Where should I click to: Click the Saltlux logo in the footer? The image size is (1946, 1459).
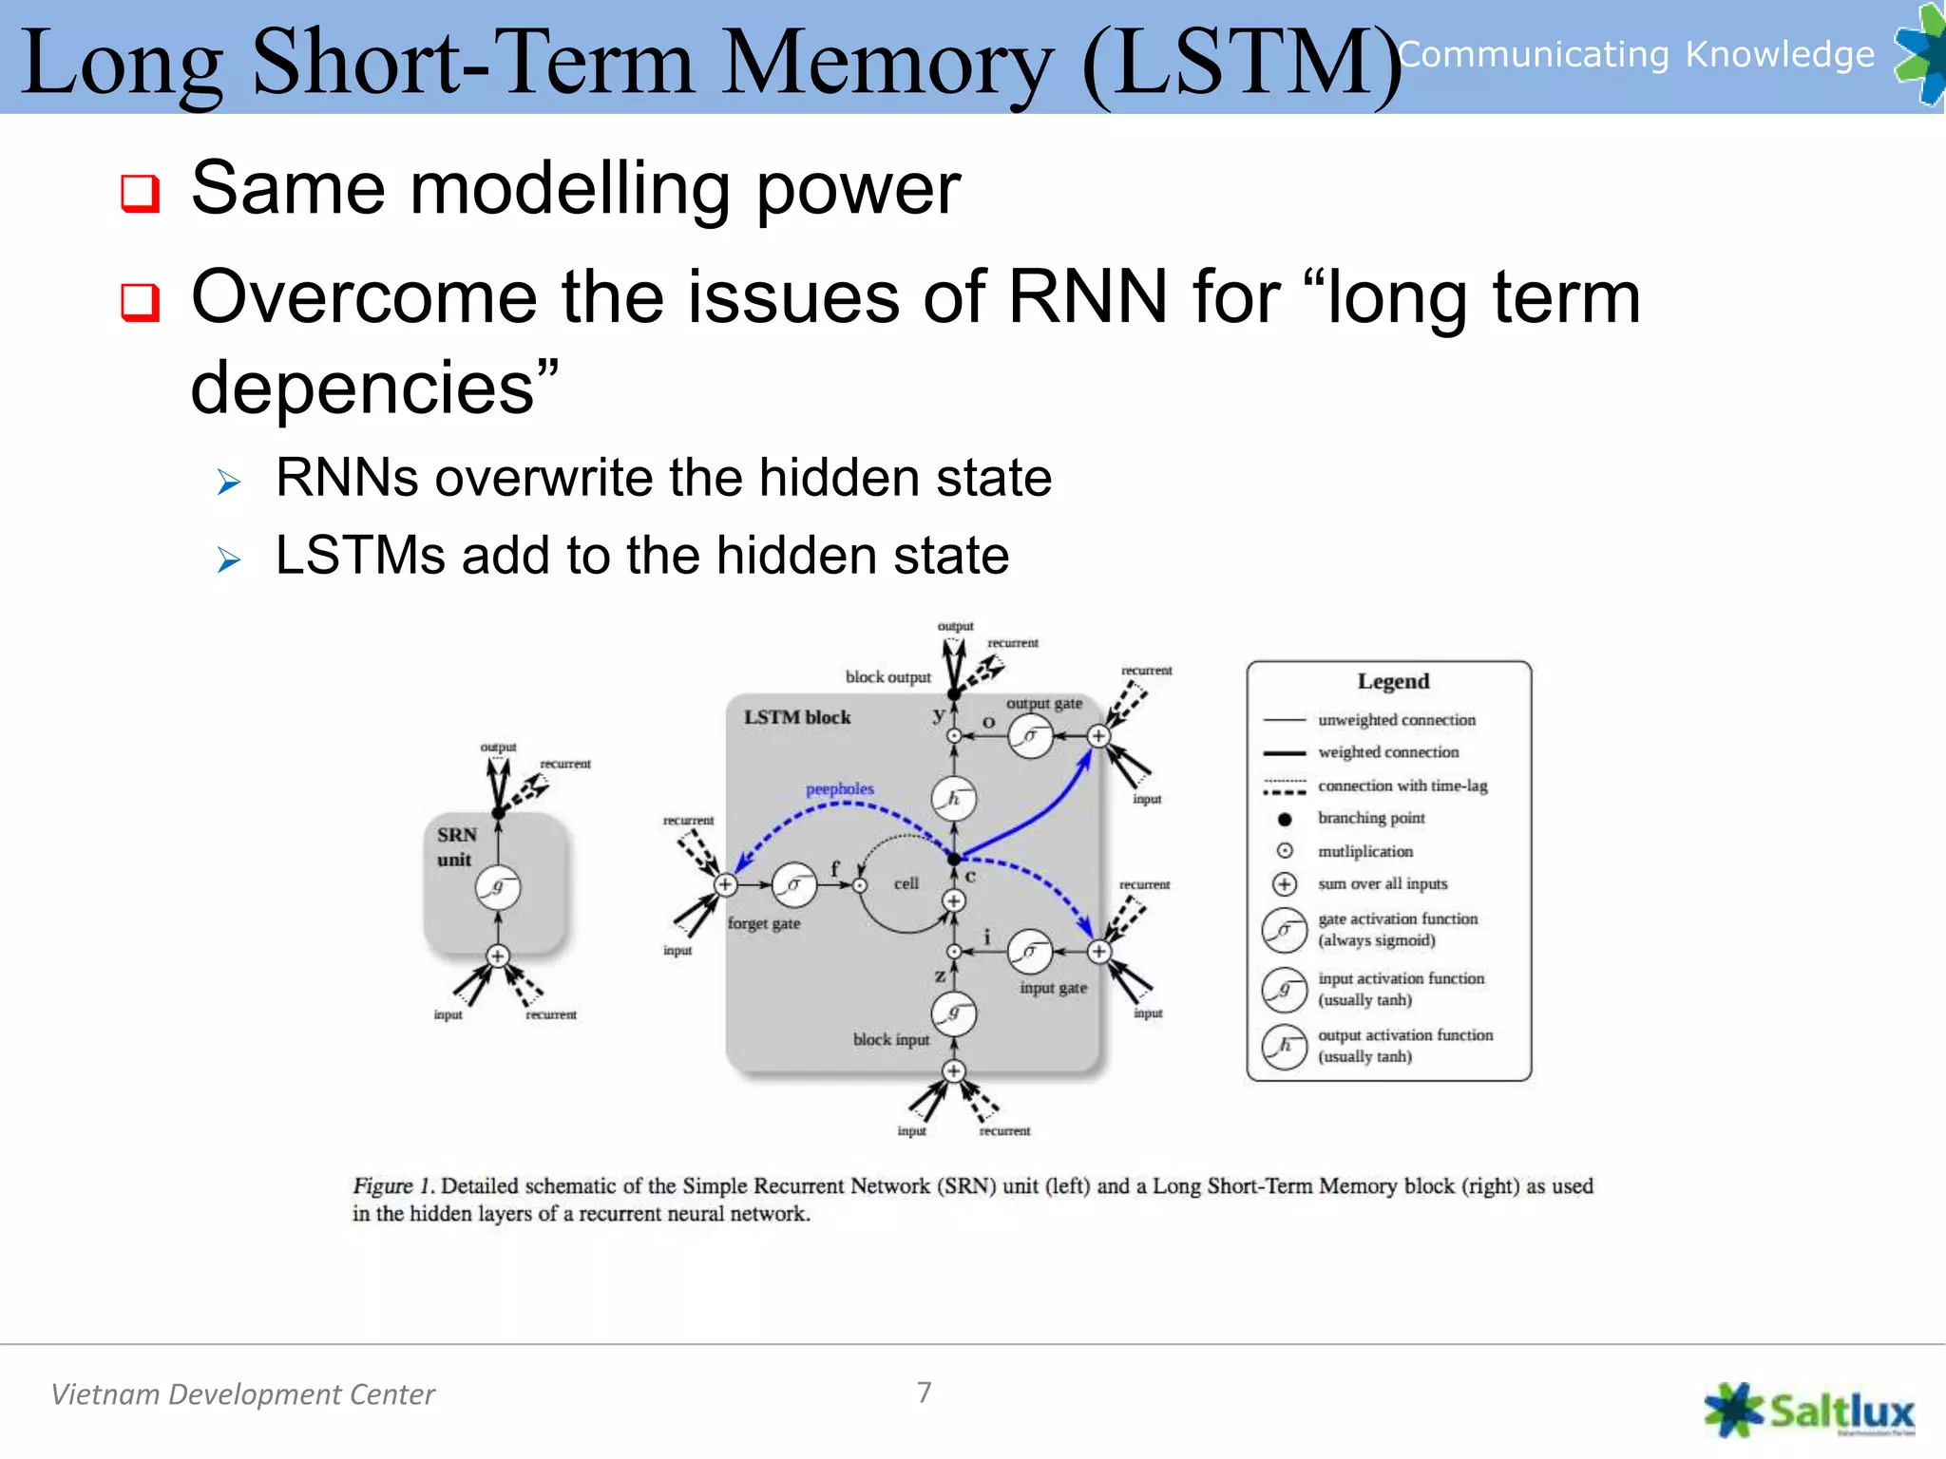tap(1809, 1410)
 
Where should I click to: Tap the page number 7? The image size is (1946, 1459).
tap(925, 1392)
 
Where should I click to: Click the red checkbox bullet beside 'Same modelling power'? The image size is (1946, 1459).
tap(140, 193)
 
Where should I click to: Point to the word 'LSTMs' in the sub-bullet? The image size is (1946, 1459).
tap(360, 556)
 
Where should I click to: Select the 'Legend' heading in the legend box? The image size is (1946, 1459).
tap(1393, 681)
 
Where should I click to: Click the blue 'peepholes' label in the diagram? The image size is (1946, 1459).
tap(839, 788)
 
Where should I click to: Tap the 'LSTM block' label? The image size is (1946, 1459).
tap(797, 717)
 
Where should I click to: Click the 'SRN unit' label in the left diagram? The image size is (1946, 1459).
tap(456, 846)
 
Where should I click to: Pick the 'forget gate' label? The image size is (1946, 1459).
tap(764, 923)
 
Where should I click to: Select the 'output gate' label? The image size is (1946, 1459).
tap(1044, 703)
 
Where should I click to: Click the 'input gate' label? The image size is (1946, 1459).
tap(1053, 988)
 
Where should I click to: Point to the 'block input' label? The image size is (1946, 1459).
tap(891, 1039)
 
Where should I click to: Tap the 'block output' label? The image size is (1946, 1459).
tap(888, 677)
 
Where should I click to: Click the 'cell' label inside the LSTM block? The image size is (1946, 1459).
tap(906, 883)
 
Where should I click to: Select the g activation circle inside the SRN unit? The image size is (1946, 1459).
tap(498, 888)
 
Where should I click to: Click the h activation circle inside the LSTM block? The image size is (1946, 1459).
tap(954, 799)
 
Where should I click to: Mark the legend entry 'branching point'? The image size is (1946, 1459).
tap(1371, 818)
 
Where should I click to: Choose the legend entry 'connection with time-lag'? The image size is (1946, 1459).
tap(1402, 786)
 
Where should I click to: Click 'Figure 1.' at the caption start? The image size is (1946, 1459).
tap(393, 1185)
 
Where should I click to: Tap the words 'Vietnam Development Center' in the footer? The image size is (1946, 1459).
tap(243, 1394)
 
